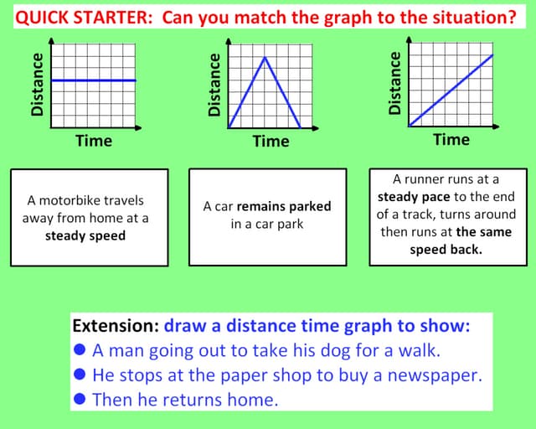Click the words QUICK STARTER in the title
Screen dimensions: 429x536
pyautogui.click(x=83, y=17)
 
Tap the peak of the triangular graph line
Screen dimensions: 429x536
pyautogui.click(x=265, y=57)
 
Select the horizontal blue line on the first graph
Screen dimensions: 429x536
pyautogui.click(x=93, y=80)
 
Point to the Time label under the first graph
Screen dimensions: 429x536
pyautogui.click(x=93, y=141)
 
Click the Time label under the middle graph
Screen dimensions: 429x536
pyautogui.click(x=271, y=141)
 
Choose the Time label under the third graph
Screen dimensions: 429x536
pyautogui.click(x=451, y=139)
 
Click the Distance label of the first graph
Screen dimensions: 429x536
pyautogui.click(x=37, y=84)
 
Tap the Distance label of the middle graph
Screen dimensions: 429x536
pyautogui.click(x=214, y=84)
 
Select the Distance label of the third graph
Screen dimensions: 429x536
pyautogui.click(x=395, y=82)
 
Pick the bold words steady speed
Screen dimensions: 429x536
pyautogui.click(x=85, y=235)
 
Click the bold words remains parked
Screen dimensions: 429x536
pyautogui.click(x=284, y=206)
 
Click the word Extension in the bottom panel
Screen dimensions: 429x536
pyautogui.click(x=115, y=325)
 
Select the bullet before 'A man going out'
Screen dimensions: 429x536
pyautogui.click(x=80, y=350)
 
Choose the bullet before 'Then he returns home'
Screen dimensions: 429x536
pyautogui.click(x=80, y=399)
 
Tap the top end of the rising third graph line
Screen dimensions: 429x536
pyautogui.click(x=492, y=55)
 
